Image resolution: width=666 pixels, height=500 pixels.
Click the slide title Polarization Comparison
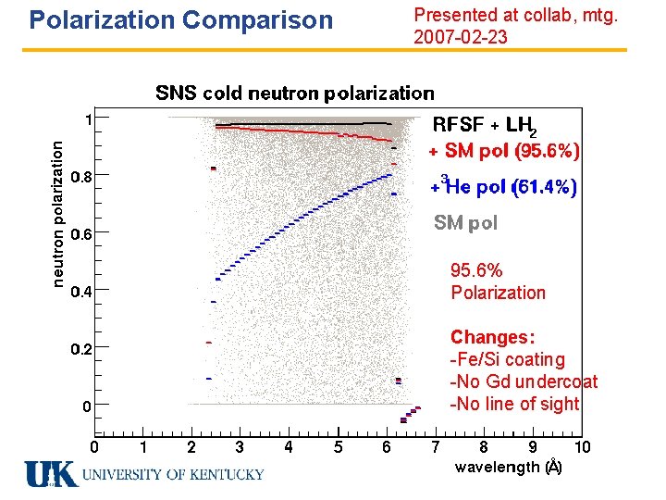180,19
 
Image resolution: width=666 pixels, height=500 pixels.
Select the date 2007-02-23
460,38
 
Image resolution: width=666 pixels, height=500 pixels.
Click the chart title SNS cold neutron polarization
294,93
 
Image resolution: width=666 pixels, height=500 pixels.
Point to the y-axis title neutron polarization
58,213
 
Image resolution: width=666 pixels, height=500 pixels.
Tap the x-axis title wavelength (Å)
508,468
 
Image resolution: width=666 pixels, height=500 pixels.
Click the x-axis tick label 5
338,448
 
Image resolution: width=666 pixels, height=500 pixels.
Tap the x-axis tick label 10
582,448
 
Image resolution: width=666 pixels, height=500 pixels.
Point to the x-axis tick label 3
240,448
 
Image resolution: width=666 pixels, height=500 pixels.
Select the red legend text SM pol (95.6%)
505,150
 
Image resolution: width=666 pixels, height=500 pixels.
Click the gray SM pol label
465,223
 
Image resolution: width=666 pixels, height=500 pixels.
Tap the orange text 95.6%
476,270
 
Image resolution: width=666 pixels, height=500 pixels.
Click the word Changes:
492,337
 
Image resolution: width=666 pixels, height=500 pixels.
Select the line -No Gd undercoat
523,381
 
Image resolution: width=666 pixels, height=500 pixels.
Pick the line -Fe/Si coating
506,359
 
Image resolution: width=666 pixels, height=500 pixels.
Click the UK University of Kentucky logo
144,474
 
